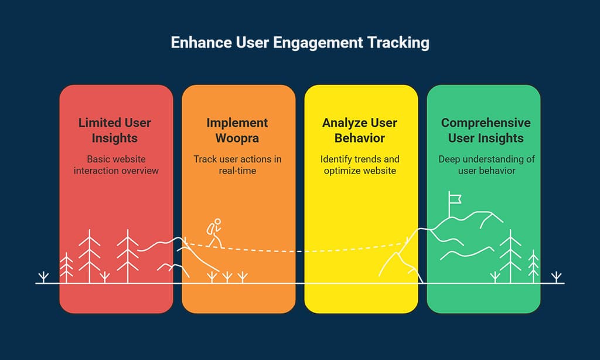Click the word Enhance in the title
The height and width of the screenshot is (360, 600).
pyautogui.click(x=201, y=42)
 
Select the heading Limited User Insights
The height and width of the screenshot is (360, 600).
pyautogui.click(x=115, y=130)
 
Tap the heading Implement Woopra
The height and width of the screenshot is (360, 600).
pyautogui.click(x=237, y=130)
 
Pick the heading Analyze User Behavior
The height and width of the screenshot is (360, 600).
pyautogui.click(x=360, y=130)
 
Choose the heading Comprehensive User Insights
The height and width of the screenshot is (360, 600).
pyautogui.click(x=486, y=130)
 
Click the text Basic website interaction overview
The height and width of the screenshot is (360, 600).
pyautogui.click(x=116, y=165)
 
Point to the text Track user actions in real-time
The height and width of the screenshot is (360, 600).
pyautogui.click(x=237, y=165)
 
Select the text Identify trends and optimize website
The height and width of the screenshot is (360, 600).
pyautogui.click(x=360, y=165)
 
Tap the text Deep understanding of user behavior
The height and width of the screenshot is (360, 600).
pyautogui.click(x=487, y=165)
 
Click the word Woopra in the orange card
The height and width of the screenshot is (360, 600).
pyautogui.click(x=237, y=138)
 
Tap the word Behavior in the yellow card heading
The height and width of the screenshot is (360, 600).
pyautogui.click(x=360, y=138)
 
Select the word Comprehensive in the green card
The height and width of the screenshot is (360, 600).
pyautogui.click(x=486, y=123)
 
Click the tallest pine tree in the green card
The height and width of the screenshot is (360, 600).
pyautogui.click(x=510, y=256)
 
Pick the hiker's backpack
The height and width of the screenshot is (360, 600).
pyautogui.click(x=211, y=229)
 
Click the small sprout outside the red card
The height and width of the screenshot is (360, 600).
pyautogui.click(x=43, y=277)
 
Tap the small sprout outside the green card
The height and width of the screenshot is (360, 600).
pyautogui.click(x=557, y=277)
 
